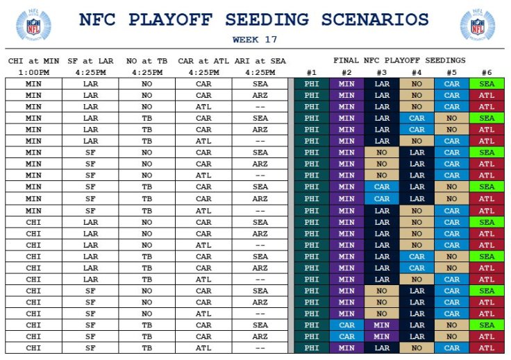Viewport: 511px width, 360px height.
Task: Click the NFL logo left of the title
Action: pyautogui.click(x=33, y=26)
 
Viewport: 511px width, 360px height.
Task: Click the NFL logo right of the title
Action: pyautogui.click(x=478, y=26)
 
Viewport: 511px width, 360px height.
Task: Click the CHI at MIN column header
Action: pyautogui.click(x=33, y=61)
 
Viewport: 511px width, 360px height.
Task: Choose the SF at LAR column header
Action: pyautogui.click(x=90, y=61)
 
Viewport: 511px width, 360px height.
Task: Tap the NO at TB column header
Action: pyautogui.click(x=146, y=61)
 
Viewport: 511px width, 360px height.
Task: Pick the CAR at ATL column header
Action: pyautogui.click(x=203, y=61)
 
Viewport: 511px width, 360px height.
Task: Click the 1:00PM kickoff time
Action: pyautogui.click(x=33, y=72)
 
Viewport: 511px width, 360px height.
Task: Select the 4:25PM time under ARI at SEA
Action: pyautogui.click(x=260, y=72)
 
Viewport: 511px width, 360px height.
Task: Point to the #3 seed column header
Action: pyautogui.click(x=381, y=72)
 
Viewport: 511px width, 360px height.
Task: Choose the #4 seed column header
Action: pyautogui.click(x=417, y=72)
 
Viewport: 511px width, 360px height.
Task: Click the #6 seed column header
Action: pyautogui.click(x=487, y=72)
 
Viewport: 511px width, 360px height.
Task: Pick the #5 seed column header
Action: pyautogui.click(x=451, y=72)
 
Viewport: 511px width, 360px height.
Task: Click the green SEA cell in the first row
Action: pyautogui.click(x=487, y=84)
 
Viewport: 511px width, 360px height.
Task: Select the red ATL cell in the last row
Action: pyautogui.click(x=487, y=348)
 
